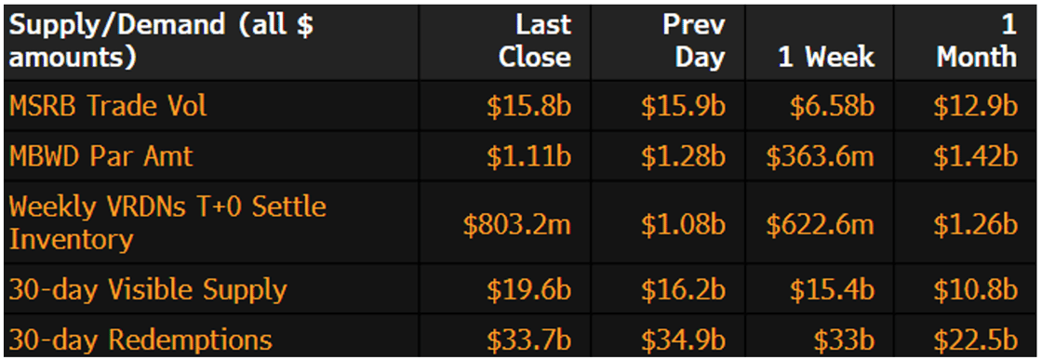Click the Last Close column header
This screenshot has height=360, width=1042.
534,41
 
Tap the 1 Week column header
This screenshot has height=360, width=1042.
826,57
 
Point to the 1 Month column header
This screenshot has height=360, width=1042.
976,41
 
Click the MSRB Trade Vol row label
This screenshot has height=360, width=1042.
108,106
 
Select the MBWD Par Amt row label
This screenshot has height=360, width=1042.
100,155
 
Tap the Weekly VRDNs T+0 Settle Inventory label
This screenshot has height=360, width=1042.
167,222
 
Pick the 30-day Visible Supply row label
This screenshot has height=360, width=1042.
148,289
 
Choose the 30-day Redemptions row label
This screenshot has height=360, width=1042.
140,340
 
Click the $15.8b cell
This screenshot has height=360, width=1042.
528,106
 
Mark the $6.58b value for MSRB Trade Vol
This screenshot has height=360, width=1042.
832,106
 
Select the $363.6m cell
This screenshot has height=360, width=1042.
821,155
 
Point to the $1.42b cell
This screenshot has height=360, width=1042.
976,155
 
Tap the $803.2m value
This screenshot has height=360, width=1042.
516,223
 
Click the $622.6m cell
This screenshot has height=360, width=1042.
821,223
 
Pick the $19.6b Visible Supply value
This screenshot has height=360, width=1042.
528,289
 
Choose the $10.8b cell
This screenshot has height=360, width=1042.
976,289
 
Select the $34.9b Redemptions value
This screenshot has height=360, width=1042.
683,340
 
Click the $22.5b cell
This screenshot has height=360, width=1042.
976,340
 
